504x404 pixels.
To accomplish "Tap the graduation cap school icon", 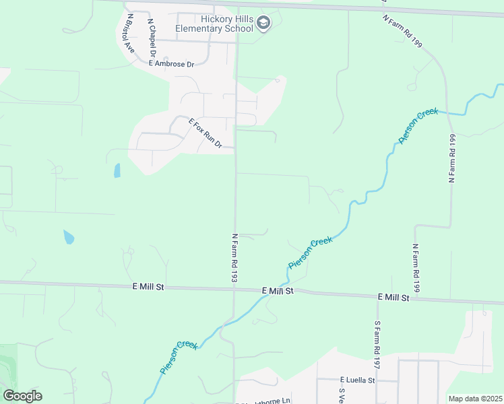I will pos(263,24).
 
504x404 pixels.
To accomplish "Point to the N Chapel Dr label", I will pos(152,38).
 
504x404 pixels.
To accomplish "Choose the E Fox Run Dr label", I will pos(206,133).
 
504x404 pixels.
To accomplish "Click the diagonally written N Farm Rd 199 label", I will pos(402,31).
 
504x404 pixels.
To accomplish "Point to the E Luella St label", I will pos(357,380).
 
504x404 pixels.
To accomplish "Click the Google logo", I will pos(22,396).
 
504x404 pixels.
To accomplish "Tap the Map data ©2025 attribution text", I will pos(474,399).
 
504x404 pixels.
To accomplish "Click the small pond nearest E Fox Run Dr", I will pos(117,170).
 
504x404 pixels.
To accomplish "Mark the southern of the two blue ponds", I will pos(69,237).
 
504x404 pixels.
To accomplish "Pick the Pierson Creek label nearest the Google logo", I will pos(179,358).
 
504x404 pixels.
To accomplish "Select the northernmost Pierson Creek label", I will pos(418,125).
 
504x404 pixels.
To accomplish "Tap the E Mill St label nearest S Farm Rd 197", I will pos(393,297).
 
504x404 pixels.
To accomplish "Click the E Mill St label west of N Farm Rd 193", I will pos(148,288).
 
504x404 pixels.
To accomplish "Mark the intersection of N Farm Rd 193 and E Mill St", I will pos(234,290).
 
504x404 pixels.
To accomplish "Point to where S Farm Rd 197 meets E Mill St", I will pos(377,296).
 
